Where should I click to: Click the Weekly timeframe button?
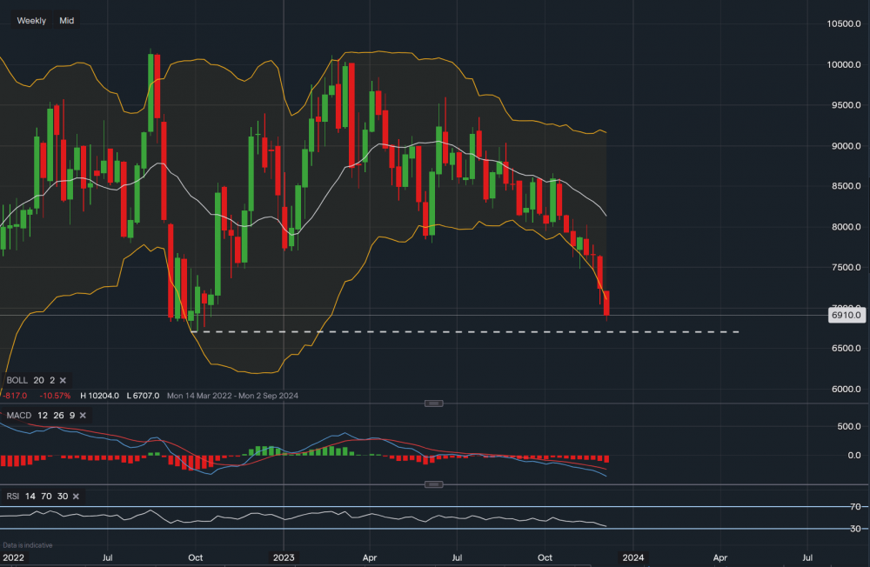pyautogui.click(x=31, y=20)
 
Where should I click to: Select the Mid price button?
pyautogui.click(x=67, y=20)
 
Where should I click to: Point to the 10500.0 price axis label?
pyautogui.click(x=845, y=24)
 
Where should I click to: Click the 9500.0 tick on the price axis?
pyautogui.click(x=845, y=105)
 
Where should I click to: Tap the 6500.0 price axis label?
pyautogui.click(x=845, y=348)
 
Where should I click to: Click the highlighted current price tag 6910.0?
pyautogui.click(x=845, y=316)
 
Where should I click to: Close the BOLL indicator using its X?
pyautogui.click(x=64, y=380)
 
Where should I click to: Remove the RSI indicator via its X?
pyautogui.click(x=76, y=496)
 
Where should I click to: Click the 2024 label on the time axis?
pyautogui.click(x=633, y=557)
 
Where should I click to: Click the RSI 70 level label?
pyautogui.click(x=856, y=507)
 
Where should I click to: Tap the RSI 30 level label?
pyautogui.click(x=856, y=529)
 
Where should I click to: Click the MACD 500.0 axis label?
pyautogui.click(x=848, y=426)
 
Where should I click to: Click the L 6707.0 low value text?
pyautogui.click(x=143, y=395)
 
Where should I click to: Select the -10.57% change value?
pyautogui.click(x=55, y=395)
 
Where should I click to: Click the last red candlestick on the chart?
pyautogui.click(x=606, y=303)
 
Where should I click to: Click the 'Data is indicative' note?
pyautogui.click(x=27, y=545)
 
